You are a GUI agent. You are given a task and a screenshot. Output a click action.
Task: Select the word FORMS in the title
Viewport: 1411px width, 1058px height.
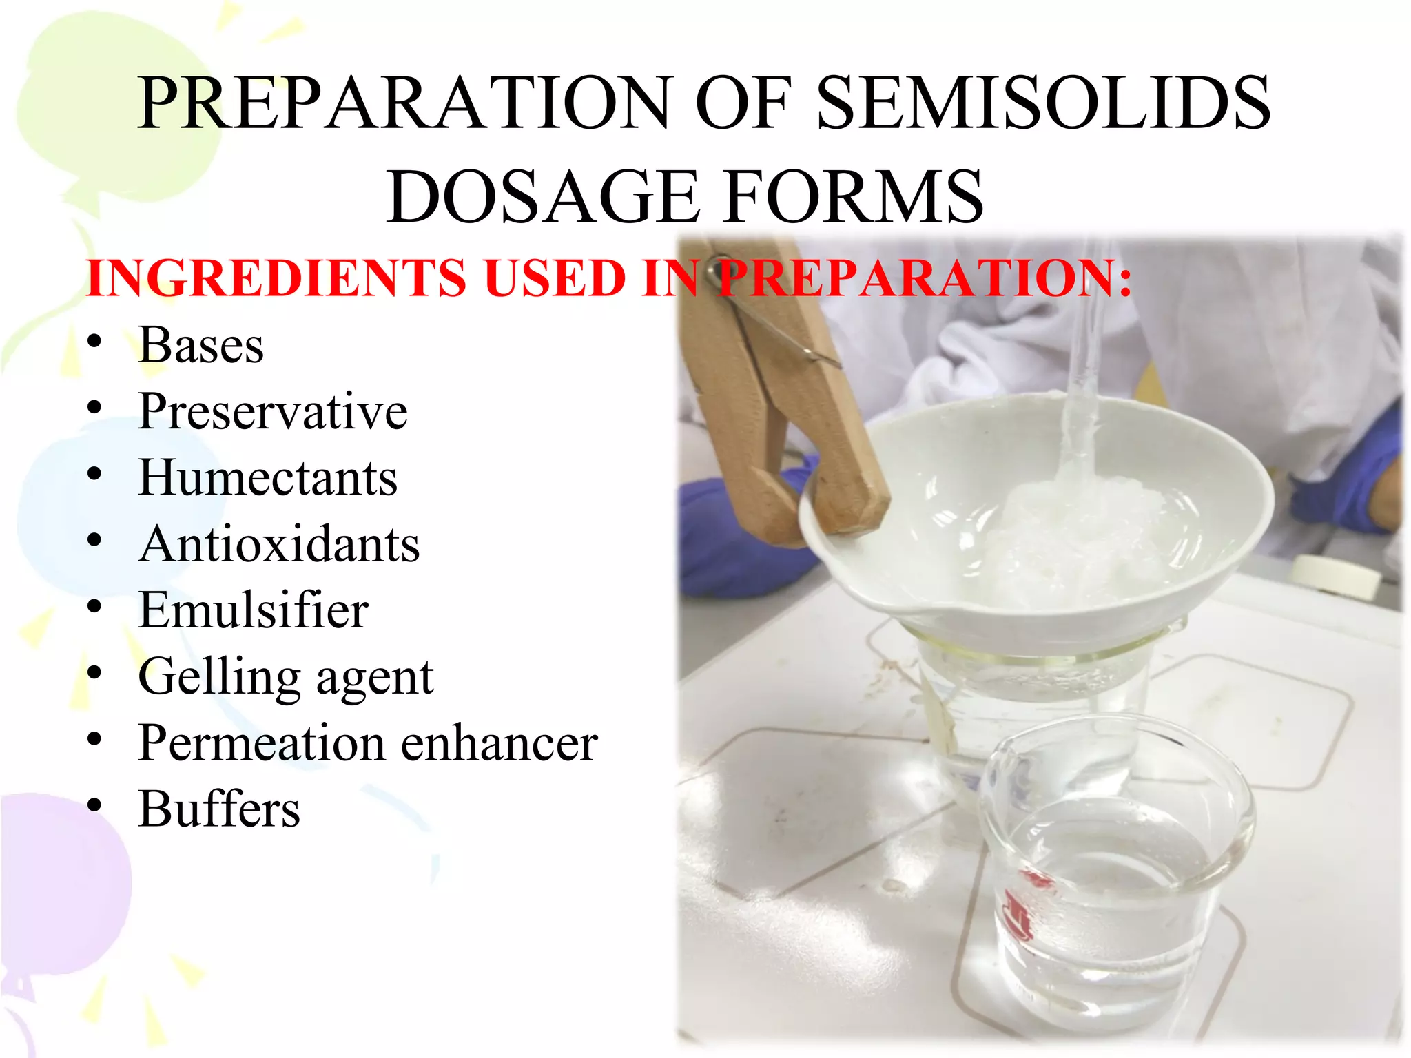click(855, 198)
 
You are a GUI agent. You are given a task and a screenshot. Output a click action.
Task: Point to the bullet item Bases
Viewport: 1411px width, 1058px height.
click(200, 344)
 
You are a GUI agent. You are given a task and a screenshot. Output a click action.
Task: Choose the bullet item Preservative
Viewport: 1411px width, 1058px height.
click(273, 411)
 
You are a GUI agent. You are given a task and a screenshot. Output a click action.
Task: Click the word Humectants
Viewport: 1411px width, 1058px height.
click(268, 477)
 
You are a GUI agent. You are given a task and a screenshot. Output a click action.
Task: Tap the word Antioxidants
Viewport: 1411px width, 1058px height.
click(279, 544)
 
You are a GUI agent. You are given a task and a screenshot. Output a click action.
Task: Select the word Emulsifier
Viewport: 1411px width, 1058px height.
click(253, 610)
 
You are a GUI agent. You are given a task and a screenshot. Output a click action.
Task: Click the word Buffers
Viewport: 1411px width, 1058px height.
click(219, 809)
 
